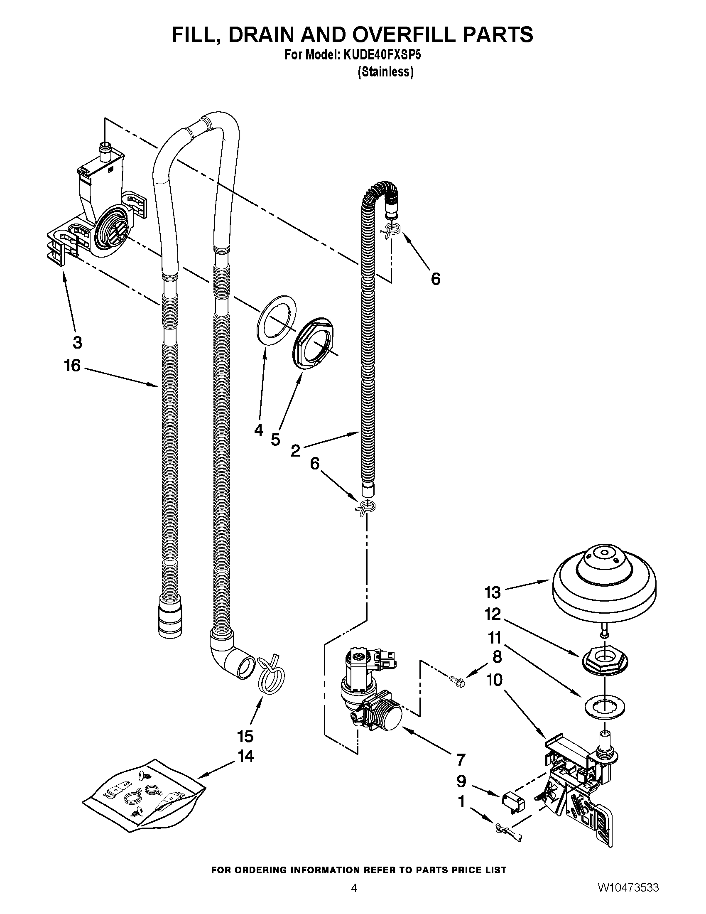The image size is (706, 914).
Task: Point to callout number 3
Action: pyautogui.click(x=77, y=342)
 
